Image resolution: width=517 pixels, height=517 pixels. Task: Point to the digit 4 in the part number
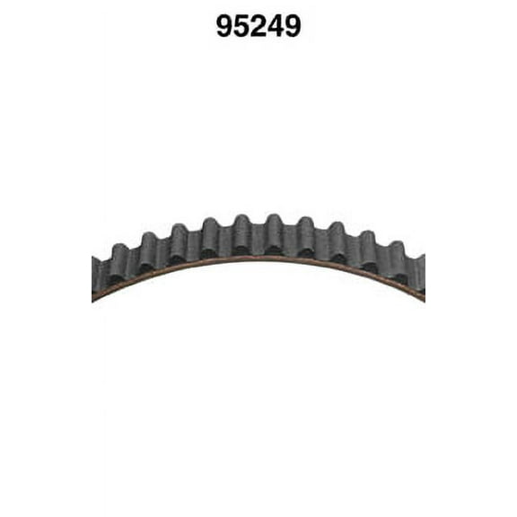pos(276,26)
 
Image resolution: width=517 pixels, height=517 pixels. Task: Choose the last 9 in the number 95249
pos(293,26)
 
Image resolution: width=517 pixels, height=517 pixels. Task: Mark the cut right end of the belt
pos(421,276)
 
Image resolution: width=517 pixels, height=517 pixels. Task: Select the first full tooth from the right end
pos(396,254)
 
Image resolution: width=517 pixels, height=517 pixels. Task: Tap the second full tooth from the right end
pos(367,242)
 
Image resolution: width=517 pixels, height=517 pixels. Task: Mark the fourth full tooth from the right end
pos(305,228)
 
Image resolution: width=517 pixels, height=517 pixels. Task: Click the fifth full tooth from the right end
pos(273,226)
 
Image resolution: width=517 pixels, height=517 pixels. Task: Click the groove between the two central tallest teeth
pos(258,235)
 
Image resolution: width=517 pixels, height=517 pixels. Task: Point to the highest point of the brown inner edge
pos(258,258)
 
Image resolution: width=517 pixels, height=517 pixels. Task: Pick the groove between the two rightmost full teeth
pos(381,258)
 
